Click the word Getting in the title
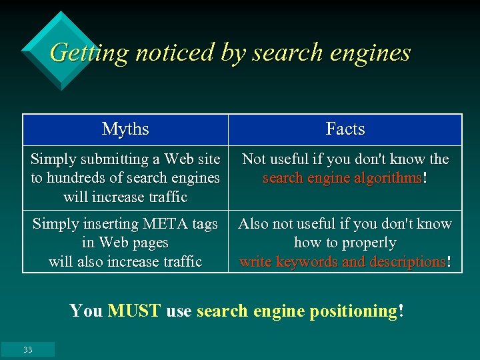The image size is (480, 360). (88, 53)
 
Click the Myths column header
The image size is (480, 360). (125, 129)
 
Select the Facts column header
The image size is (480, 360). (345, 129)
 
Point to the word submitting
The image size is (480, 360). (114, 159)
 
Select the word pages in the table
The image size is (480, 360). (150, 243)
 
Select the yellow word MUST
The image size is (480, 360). (134, 311)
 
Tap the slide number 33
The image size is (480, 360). (27, 349)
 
